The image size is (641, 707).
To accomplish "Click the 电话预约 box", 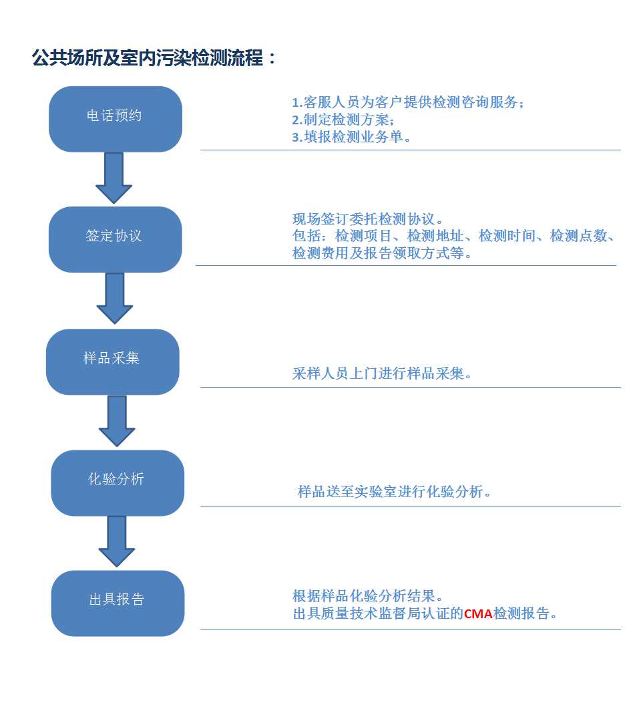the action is pyautogui.click(x=116, y=119).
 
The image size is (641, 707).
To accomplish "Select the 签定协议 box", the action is pyautogui.click(x=116, y=239).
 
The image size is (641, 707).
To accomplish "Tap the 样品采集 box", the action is pyautogui.click(x=113, y=362).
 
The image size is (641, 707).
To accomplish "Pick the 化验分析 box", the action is pyautogui.click(x=118, y=483).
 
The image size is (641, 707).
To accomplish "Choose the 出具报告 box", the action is pyautogui.click(x=118, y=603).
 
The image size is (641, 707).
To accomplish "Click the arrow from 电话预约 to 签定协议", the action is pyautogui.click(x=114, y=178).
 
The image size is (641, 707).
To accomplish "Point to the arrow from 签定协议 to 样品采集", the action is pyautogui.click(x=115, y=298).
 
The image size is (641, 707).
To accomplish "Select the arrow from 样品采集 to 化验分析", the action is pyautogui.click(x=117, y=421).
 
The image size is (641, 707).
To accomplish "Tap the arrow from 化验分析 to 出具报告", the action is pyautogui.click(x=117, y=541).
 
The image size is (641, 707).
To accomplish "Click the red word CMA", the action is pyautogui.click(x=478, y=614).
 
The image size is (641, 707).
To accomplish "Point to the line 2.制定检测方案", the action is pyautogui.click(x=343, y=120).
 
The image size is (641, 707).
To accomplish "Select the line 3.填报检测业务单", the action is pyautogui.click(x=351, y=136).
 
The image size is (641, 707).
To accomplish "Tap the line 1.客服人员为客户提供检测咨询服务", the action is pyautogui.click(x=408, y=102).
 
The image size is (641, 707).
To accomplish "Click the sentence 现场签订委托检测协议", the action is pyautogui.click(x=367, y=219).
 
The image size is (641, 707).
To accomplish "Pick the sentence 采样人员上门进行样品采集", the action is pyautogui.click(x=382, y=374).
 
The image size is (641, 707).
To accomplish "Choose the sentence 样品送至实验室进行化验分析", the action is pyautogui.click(x=394, y=491).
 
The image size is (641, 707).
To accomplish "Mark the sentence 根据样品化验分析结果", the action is pyautogui.click(x=367, y=596).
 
